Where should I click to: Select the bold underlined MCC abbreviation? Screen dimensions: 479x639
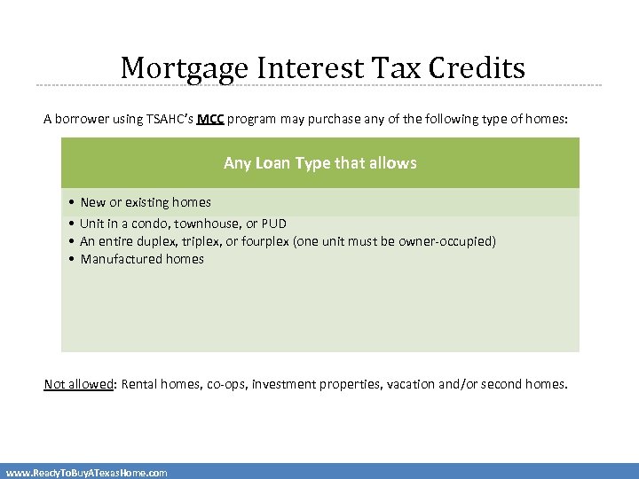pos(210,120)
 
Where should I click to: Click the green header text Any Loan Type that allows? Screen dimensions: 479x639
pos(319,163)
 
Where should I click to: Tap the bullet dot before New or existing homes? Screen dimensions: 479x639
pos(69,203)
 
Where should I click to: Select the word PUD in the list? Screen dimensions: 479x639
pos(274,224)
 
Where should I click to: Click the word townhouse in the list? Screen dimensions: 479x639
pos(206,224)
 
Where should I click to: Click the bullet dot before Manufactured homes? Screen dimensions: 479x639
pos(69,260)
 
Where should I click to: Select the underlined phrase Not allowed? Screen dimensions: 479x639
pos(79,384)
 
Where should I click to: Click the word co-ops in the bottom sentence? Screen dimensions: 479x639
pos(227,384)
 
